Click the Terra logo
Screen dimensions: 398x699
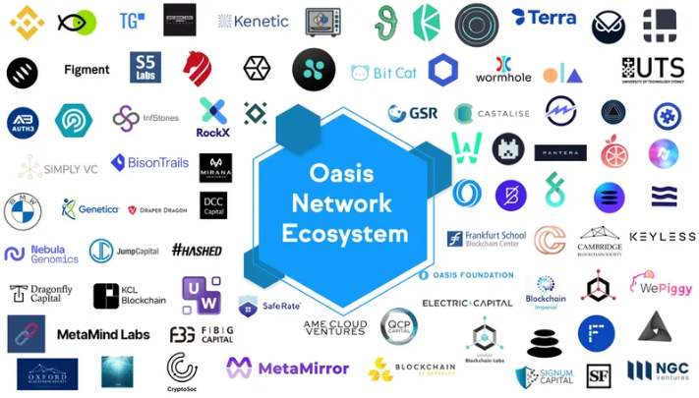(x=544, y=18)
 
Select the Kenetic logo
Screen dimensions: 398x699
(x=253, y=21)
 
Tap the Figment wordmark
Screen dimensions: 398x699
(x=87, y=70)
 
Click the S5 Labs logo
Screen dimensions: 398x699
(x=144, y=67)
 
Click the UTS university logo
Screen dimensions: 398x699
(x=653, y=69)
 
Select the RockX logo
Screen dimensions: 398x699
(x=212, y=118)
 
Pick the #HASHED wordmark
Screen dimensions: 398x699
(x=197, y=250)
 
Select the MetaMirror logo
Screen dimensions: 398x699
(x=287, y=369)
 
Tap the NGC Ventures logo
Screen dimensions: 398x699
(x=658, y=370)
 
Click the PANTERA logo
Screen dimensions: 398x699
(x=560, y=152)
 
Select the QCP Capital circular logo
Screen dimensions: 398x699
(x=398, y=326)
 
